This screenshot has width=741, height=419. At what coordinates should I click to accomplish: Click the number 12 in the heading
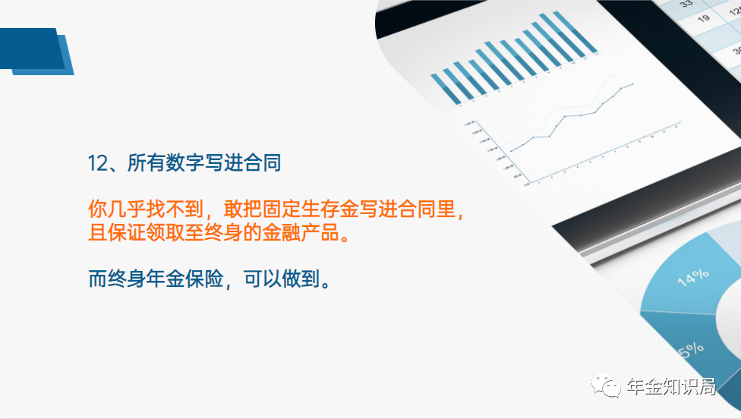pos(98,163)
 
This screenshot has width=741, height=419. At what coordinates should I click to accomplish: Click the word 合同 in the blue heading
pos(262,163)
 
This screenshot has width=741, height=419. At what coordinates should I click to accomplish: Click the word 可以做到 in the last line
pos(282,279)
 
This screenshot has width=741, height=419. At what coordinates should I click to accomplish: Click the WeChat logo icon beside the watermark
pos(606,385)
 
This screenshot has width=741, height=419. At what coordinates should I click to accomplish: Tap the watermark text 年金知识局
pos(671,386)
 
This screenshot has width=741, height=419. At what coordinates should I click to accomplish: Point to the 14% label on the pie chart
pos(693,277)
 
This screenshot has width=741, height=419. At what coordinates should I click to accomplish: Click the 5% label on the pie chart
pos(691,351)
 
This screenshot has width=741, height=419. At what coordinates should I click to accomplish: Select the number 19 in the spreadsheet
pos(704,18)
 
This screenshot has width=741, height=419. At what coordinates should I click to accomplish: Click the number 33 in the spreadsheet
pos(686,3)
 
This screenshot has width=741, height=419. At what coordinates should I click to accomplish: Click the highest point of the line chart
pos(632,84)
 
